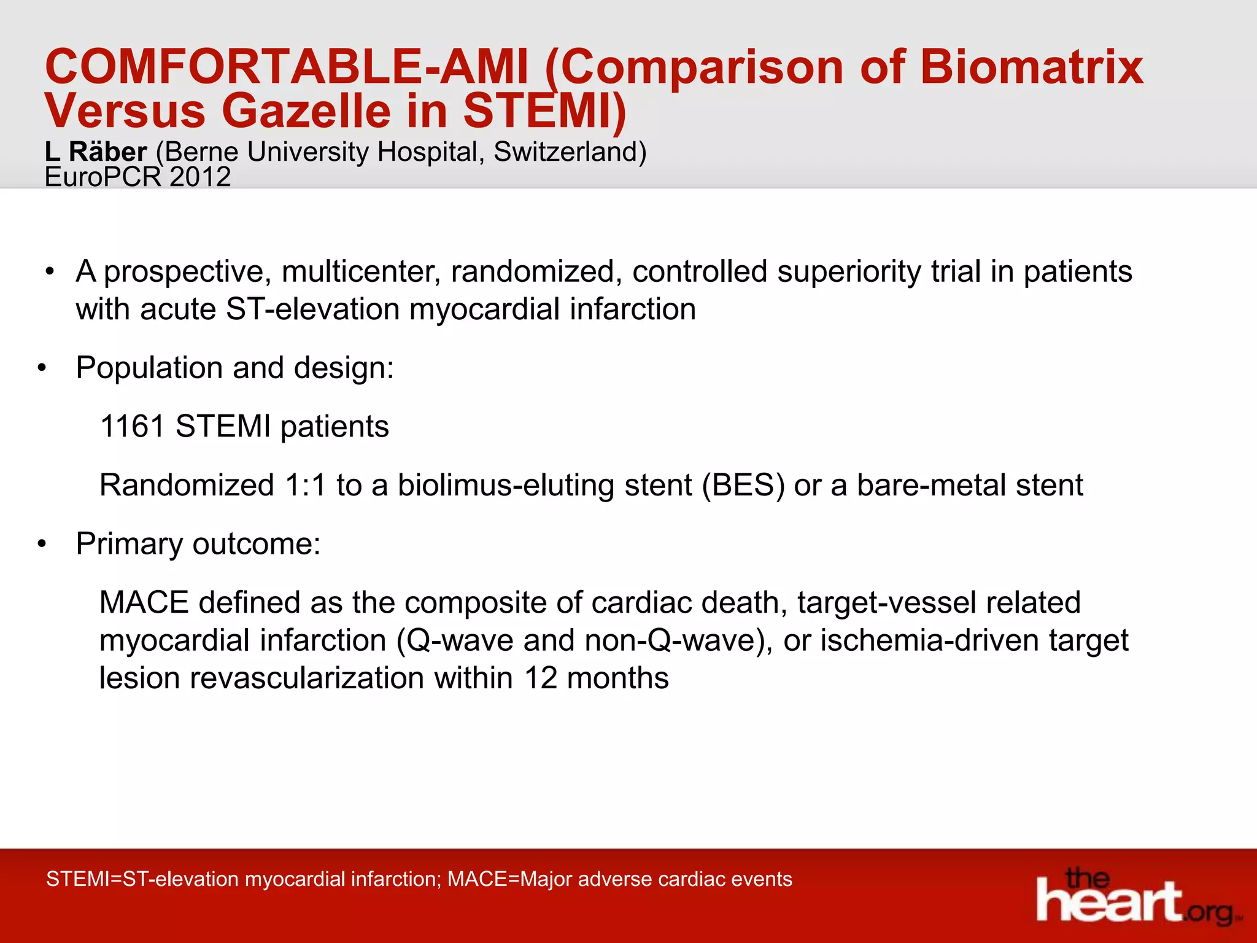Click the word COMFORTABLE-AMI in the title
[286, 67]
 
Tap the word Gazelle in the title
[306, 112]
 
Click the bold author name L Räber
[96, 152]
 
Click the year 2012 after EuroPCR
[200, 177]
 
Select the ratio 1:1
[305, 486]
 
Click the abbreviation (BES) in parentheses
[743, 486]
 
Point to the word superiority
[848, 272]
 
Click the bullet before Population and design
[42, 369]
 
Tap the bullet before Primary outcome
[42, 545]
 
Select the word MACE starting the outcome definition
[144, 603]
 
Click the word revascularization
[307, 678]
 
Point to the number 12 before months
[540, 678]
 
